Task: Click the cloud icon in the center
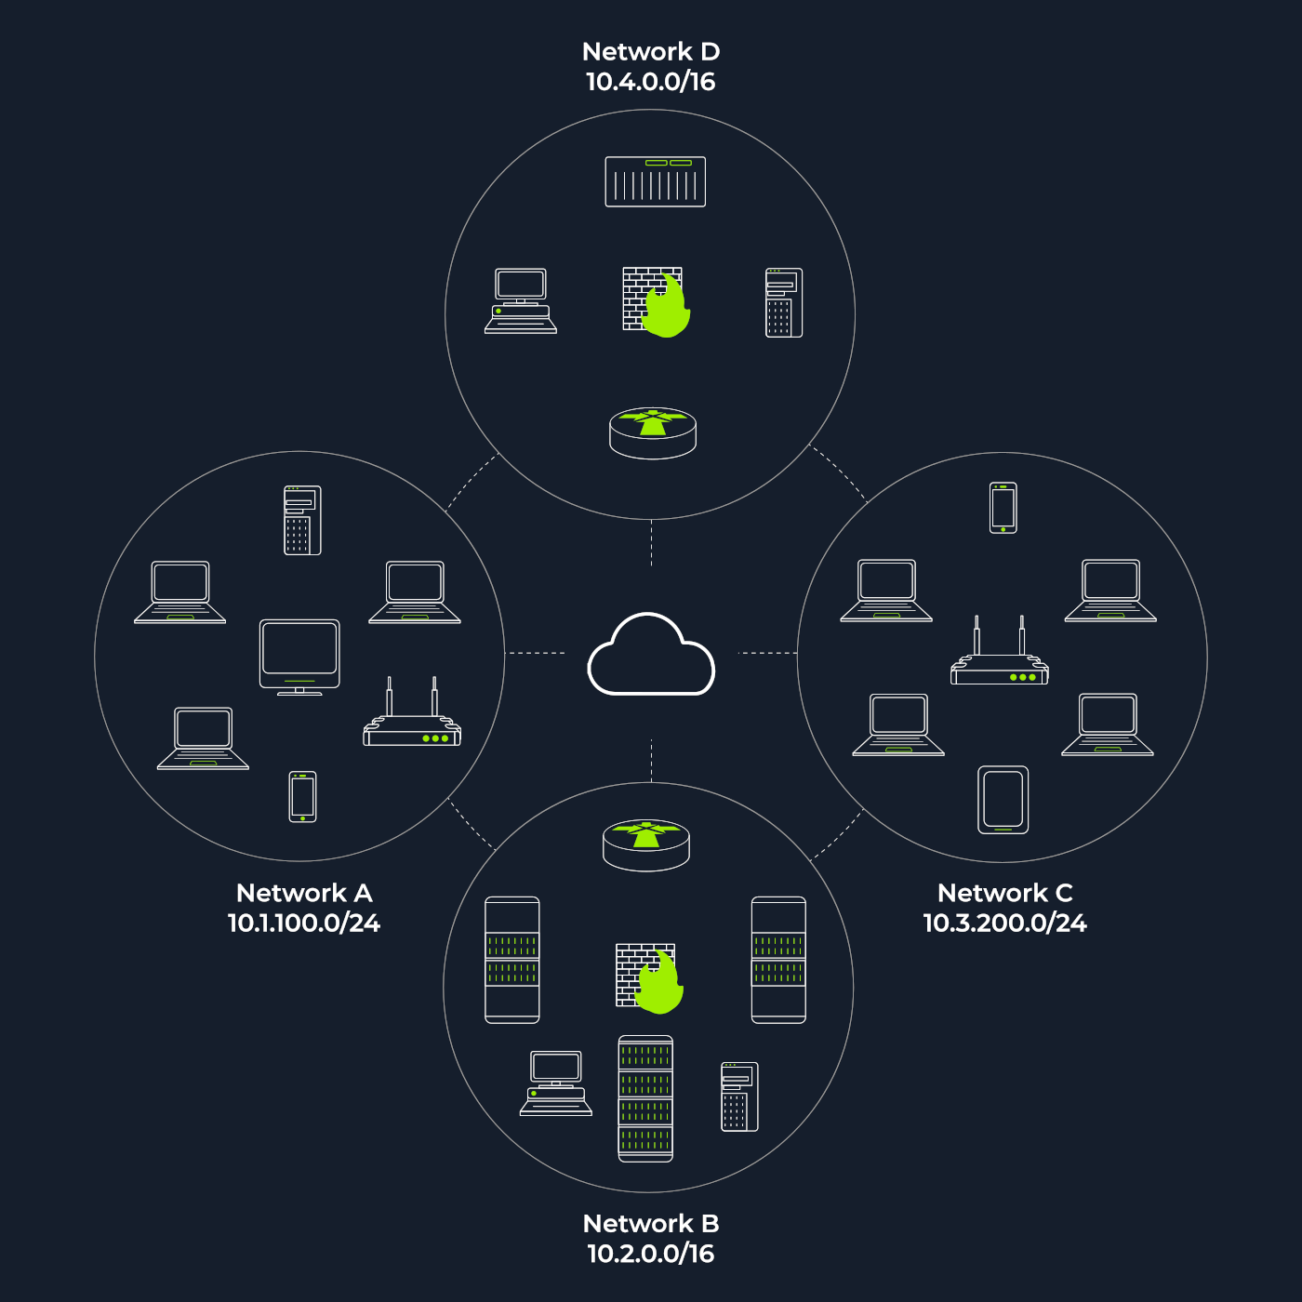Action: coord(651,656)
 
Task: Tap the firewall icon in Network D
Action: coord(655,301)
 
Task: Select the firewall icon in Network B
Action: coord(648,977)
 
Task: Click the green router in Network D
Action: coord(653,433)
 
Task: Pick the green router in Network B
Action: coord(646,844)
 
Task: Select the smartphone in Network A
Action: coord(302,797)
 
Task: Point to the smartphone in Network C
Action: coord(1003,508)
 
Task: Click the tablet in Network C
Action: coord(1003,800)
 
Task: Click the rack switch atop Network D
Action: coord(655,181)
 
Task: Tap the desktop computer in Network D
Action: coord(521,300)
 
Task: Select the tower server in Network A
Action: coord(302,520)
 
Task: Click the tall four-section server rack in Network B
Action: coord(645,1098)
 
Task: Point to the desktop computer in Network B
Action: coord(556,1083)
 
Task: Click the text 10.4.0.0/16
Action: coord(650,82)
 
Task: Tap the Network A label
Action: coord(304,893)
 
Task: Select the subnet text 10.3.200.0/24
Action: coord(1004,923)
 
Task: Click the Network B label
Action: coord(651,1223)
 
